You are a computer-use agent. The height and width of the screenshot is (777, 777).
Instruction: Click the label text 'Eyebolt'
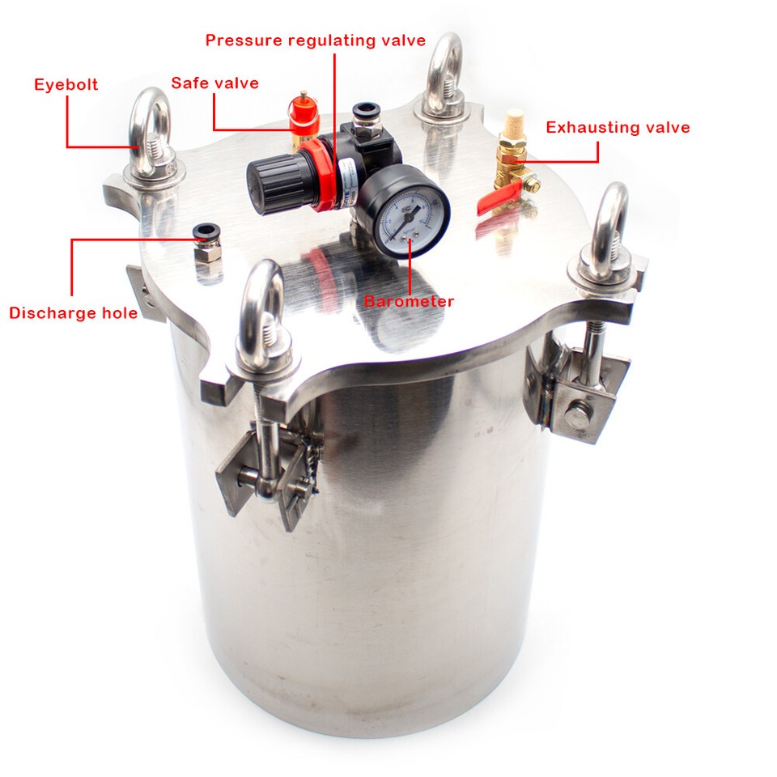pos(66,85)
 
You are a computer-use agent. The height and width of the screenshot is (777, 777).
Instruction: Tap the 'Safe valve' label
pos(214,83)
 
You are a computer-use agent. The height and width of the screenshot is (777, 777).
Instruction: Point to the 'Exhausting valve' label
pos(618,127)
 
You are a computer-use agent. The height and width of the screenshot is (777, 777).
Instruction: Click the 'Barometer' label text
pos(409,302)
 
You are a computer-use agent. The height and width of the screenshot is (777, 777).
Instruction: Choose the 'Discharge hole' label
pos(73,313)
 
